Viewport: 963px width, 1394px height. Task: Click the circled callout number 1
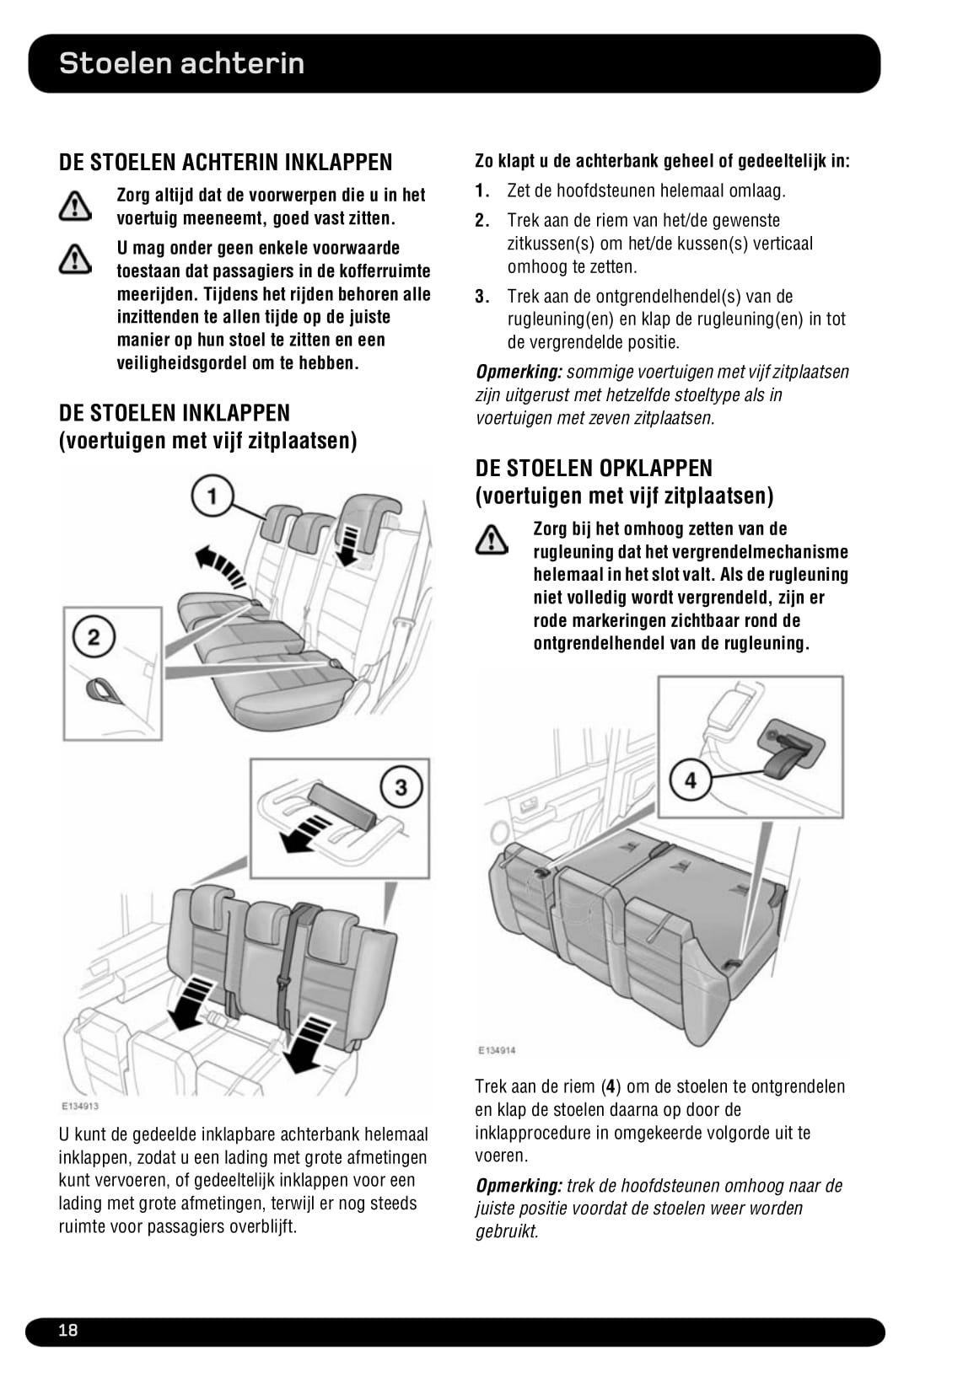coord(212,496)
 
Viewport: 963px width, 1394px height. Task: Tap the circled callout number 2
coord(94,636)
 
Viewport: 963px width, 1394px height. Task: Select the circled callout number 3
coord(401,787)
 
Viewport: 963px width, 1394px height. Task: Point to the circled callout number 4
coord(690,780)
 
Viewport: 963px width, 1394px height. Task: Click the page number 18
coord(67,1330)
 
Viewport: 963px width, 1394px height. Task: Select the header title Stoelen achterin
coord(182,63)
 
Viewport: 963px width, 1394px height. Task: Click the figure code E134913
coord(79,1106)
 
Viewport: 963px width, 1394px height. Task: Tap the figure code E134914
coord(497,1050)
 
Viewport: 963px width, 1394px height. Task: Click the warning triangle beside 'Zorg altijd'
coord(75,206)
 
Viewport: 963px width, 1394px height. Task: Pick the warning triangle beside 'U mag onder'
coord(75,258)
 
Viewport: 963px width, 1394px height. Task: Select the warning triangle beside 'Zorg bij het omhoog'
coord(491,539)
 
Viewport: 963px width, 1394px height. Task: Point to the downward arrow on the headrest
coord(348,546)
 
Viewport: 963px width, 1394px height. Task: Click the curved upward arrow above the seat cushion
coord(219,565)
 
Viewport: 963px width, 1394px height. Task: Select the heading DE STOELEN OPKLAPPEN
coord(594,468)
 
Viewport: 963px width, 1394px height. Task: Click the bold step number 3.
coord(481,296)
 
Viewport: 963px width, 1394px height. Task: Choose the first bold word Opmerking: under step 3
coord(519,373)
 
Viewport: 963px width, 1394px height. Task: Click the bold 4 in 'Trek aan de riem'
coord(610,1086)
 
